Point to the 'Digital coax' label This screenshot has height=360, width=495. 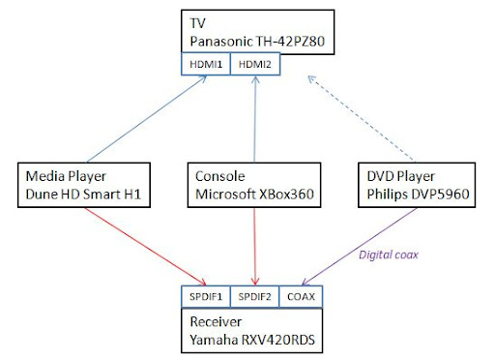[391, 255]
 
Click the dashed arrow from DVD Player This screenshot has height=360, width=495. [364, 115]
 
